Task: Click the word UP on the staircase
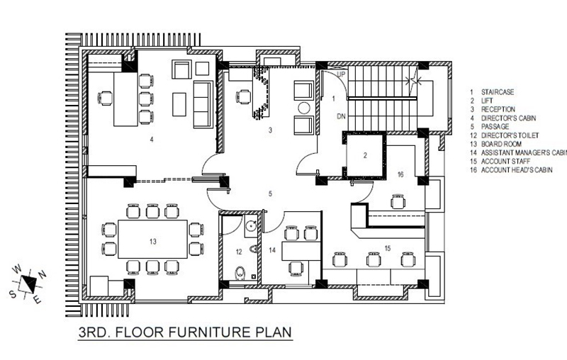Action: pyautogui.click(x=341, y=74)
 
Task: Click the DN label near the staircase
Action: pyautogui.click(x=341, y=116)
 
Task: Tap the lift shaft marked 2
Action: pyautogui.click(x=364, y=155)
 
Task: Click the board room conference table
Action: pyautogui.click(x=152, y=239)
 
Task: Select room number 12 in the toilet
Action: pyautogui.click(x=239, y=252)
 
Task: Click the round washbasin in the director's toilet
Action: pyautogui.click(x=251, y=226)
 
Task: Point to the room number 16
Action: pyautogui.click(x=400, y=174)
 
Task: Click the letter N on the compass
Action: pyautogui.click(x=43, y=274)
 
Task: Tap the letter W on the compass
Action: pyautogui.click(x=16, y=269)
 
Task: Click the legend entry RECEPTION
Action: pyautogui.click(x=498, y=110)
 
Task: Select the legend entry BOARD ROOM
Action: pyautogui.click(x=501, y=144)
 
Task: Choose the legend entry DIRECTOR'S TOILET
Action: pyautogui.click(x=510, y=135)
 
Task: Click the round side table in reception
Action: pyautogui.click(x=304, y=108)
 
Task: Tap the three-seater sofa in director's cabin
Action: pyautogui.click(x=203, y=104)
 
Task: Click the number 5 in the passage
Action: pyautogui.click(x=270, y=194)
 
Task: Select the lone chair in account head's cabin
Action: pyautogui.click(x=398, y=202)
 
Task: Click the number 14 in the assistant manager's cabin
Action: pyautogui.click(x=272, y=249)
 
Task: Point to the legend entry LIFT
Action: pyautogui.click(x=487, y=101)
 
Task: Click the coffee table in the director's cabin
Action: pyautogui.click(x=179, y=104)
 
